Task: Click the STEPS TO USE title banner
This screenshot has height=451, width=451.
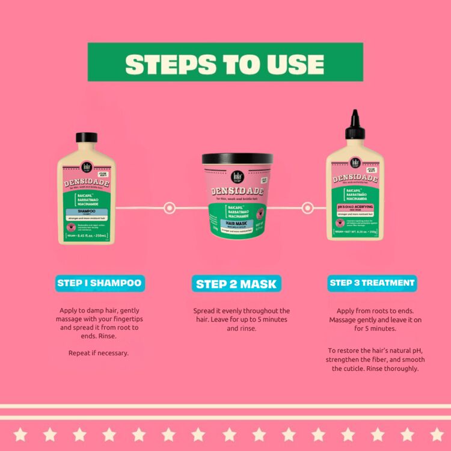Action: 226,63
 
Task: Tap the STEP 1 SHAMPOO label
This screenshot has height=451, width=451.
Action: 99,283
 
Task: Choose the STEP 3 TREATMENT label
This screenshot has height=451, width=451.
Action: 372,282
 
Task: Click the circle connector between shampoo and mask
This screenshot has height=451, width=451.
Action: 170,207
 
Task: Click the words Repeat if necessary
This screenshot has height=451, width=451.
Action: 99,353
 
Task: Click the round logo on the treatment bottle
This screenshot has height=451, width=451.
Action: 356,162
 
